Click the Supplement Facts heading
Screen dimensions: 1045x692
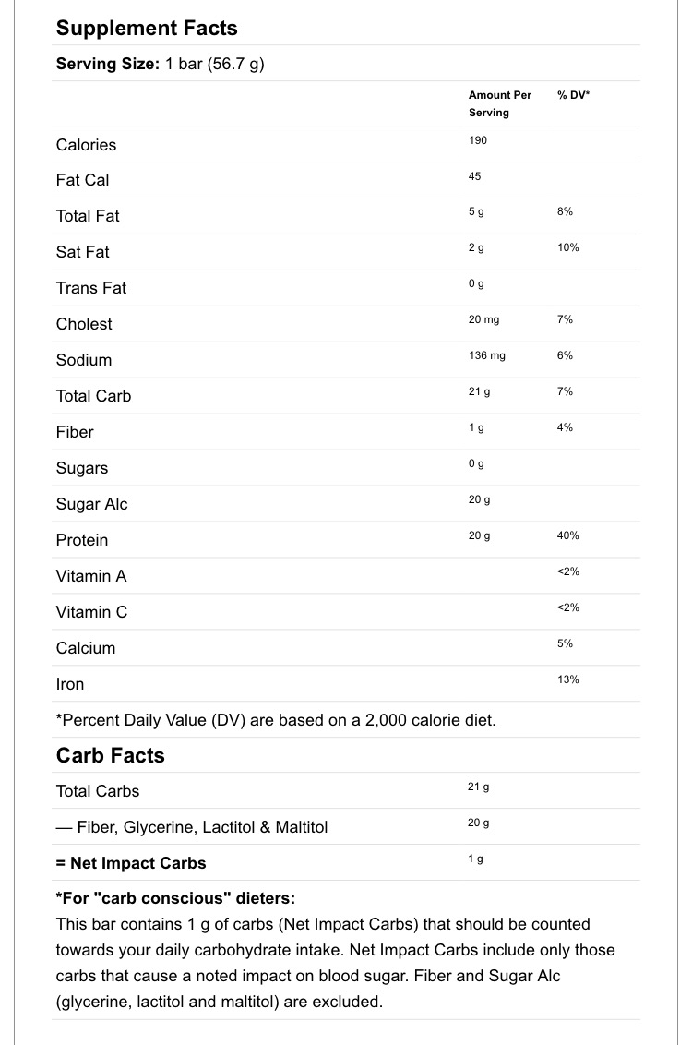147,28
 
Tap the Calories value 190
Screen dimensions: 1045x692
478,140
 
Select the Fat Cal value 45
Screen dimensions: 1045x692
475,176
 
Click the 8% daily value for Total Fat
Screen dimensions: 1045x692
565,212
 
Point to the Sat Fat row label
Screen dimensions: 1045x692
82,252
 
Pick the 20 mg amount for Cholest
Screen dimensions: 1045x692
483,320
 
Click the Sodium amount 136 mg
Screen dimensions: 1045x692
487,356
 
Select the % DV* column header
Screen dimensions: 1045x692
573,95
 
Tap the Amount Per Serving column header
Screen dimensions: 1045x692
500,103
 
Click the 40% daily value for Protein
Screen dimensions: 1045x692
568,536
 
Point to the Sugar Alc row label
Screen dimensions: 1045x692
91,504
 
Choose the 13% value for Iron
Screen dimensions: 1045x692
568,680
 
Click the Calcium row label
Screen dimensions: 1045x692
86,648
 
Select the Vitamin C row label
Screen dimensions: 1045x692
91,612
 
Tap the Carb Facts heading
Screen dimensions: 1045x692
110,755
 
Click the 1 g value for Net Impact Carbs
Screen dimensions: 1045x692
476,859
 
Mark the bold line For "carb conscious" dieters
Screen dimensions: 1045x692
175,898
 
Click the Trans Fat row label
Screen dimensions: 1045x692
90,288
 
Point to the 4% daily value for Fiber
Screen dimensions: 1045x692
565,428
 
